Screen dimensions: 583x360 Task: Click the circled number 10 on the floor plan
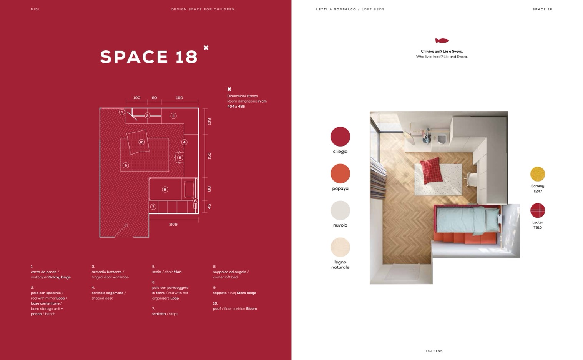141,142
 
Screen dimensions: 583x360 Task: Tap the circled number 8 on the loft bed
165,189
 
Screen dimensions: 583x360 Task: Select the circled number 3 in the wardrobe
173,116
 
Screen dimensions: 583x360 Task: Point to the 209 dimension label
173,224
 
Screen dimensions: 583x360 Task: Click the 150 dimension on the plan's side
209,156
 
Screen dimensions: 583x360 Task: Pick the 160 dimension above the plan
179,98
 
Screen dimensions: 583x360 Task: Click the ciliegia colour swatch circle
340,137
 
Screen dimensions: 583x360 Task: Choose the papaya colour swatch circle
340,173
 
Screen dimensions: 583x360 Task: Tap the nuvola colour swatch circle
340,210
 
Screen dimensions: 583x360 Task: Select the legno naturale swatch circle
340,247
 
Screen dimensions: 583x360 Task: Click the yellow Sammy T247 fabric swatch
537,174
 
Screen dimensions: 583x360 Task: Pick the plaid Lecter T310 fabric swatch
537,210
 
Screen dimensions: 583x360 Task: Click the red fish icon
442,41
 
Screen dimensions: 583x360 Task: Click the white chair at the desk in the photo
470,179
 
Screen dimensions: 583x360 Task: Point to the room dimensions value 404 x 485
236,106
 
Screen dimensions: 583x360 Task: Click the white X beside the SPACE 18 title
206,48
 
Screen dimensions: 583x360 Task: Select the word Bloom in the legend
251,309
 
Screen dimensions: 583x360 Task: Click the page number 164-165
434,351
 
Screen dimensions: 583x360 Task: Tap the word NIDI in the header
35,9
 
